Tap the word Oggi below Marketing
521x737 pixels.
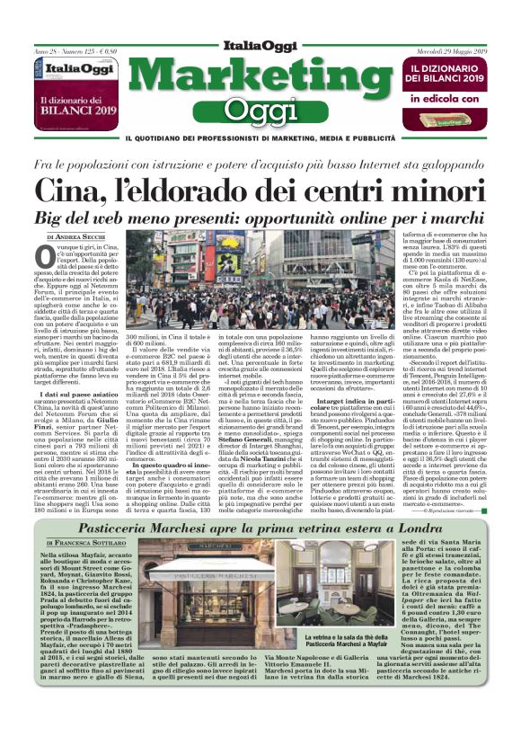[x=260, y=110]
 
